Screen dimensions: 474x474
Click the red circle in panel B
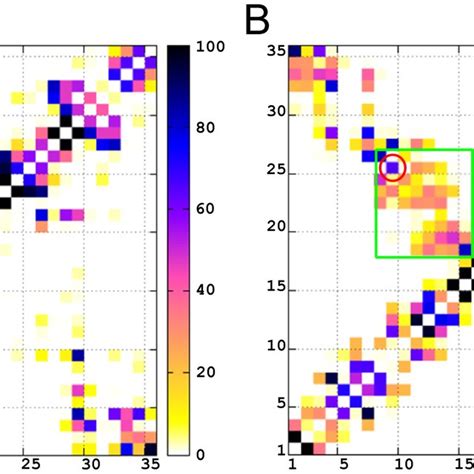[393, 167]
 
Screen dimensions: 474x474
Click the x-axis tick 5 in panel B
[341, 464]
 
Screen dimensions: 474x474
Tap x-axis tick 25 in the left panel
[31, 464]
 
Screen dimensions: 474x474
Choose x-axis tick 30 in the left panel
[90, 464]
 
